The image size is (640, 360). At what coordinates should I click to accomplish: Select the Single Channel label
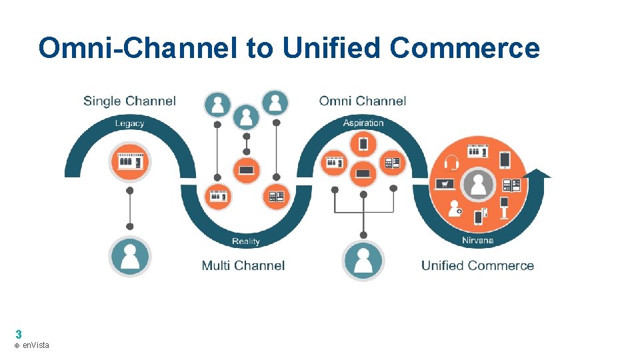click(129, 101)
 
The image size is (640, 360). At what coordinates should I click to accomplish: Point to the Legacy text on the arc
click(129, 123)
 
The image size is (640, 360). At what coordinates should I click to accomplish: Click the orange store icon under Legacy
click(130, 162)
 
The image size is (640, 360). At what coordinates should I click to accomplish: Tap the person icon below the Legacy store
click(130, 256)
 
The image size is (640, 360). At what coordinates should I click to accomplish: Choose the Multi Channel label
click(243, 265)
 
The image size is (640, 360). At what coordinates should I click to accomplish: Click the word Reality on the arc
click(246, 241)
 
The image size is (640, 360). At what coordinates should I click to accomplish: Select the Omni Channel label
click(362, 101)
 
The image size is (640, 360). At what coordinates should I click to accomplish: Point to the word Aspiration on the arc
click(363, 123)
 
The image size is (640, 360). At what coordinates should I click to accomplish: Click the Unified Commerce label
click(477, 265)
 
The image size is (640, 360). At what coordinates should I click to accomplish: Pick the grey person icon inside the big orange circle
click(478, 183)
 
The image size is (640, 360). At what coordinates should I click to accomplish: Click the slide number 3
click(19, 334)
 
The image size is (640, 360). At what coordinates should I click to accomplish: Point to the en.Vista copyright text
click(32, 345)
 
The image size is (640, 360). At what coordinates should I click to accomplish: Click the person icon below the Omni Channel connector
click(363, 260)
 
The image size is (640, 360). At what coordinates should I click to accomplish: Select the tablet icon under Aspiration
click(363, 144)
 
